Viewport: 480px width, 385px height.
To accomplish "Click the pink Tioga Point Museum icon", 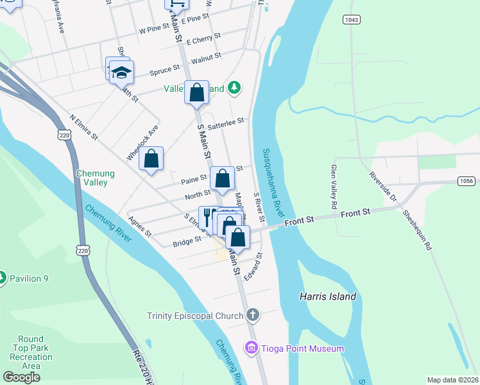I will point(251,348).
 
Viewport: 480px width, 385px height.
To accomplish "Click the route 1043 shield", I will point(351,21).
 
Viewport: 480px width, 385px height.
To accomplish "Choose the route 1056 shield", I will point(467,181).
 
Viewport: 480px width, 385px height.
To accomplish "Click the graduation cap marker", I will point(121,72).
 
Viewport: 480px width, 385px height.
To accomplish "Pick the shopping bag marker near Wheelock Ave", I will point(151,158).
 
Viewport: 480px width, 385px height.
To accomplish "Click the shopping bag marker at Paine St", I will point(222,178).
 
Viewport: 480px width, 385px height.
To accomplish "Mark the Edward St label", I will point(254,265).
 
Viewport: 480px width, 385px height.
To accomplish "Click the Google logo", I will point(21,377).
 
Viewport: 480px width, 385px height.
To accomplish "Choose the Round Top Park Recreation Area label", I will point(31,352).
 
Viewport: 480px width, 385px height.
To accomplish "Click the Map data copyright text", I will point(452,380).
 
